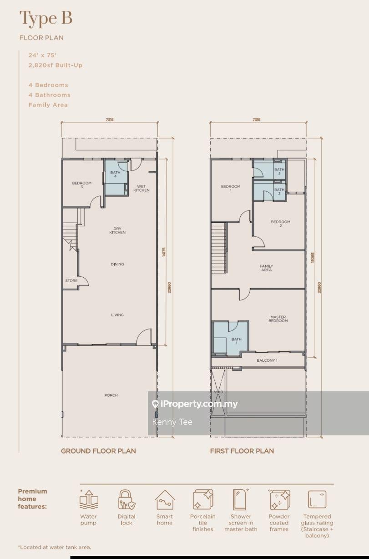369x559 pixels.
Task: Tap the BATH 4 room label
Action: click(115, 174)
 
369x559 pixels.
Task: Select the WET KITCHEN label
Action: click(142, 188)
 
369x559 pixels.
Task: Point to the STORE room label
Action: click(71, 280)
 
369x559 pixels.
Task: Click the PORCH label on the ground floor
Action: click(111, 395)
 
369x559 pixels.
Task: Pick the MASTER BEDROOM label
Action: click(278, 319)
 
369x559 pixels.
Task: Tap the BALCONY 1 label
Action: click(267, 360)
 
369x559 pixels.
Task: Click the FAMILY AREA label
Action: click(266, 268)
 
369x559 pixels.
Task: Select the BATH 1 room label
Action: click(236, 341)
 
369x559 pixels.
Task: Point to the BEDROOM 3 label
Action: click(82, 185)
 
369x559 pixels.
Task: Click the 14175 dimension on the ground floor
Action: click(164, 252)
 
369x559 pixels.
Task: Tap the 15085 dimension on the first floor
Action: click(313, 258)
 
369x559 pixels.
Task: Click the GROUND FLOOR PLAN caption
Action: click(98, 451)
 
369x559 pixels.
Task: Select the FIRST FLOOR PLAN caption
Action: click(242, 451)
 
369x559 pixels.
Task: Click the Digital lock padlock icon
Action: click(126, 499)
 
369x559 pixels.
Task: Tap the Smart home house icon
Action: click(165, 499)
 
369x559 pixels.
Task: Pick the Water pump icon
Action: click(89, 499)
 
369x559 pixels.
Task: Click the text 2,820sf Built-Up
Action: click(56, 65)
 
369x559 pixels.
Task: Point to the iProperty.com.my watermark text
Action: click(199, 404)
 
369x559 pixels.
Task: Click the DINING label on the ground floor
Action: click(117, 264)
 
